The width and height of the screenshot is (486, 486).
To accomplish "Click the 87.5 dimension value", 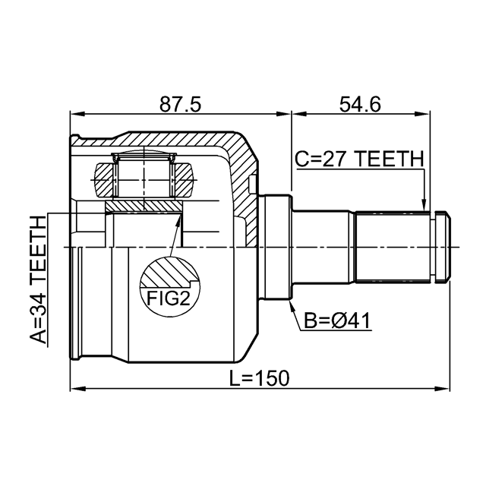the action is point(181,104).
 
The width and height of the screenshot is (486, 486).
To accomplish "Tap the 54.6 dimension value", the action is point(360,104).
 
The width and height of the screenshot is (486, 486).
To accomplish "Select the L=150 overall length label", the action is point(259,378).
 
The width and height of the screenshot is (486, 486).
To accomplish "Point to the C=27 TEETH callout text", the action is point(359,159).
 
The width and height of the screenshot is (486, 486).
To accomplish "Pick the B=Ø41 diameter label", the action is point(337,320).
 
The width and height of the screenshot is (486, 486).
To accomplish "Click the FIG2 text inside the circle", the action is point(168,298).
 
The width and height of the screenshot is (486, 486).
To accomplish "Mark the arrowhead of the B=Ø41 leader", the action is point(292,305).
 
